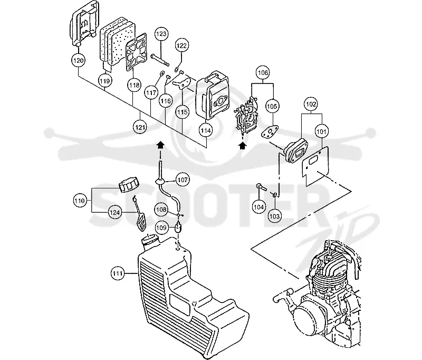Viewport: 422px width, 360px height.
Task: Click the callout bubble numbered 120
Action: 78,60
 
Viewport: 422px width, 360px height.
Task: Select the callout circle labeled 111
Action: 118,273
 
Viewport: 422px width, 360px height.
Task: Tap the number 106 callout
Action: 263,73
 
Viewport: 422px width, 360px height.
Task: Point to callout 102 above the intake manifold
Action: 311,104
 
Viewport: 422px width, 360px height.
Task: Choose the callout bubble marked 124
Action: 114,212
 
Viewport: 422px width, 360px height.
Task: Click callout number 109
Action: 161,228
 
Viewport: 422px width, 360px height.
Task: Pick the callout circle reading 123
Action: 161,34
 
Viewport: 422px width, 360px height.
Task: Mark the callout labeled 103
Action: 274,216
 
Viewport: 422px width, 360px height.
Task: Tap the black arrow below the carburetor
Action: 243,146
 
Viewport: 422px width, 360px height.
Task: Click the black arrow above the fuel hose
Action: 160,145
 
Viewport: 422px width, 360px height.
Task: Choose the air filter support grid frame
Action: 137,52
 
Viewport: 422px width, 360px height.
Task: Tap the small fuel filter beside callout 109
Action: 178,226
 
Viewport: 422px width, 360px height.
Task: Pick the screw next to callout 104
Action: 261,186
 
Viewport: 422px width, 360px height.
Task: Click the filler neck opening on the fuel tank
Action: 149,241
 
